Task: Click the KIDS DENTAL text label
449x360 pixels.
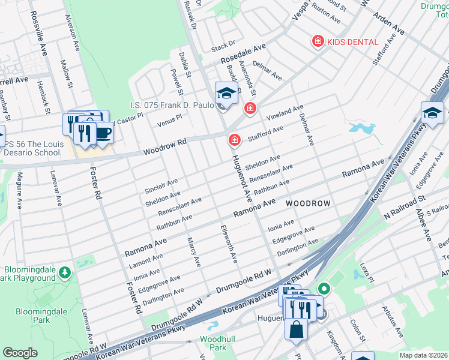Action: pos(353,42)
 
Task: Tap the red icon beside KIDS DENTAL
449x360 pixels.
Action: pos(318,41)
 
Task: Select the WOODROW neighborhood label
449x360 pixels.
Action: pos(308,204)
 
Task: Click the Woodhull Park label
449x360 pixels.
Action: pos(212,343)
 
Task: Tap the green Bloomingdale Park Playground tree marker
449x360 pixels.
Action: pos(64,274)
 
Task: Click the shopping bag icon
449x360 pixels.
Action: pos(297,329)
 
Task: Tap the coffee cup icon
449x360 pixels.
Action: pos(103,132)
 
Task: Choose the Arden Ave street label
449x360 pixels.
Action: pos(388,22)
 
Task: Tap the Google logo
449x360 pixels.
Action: pos(20,353)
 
